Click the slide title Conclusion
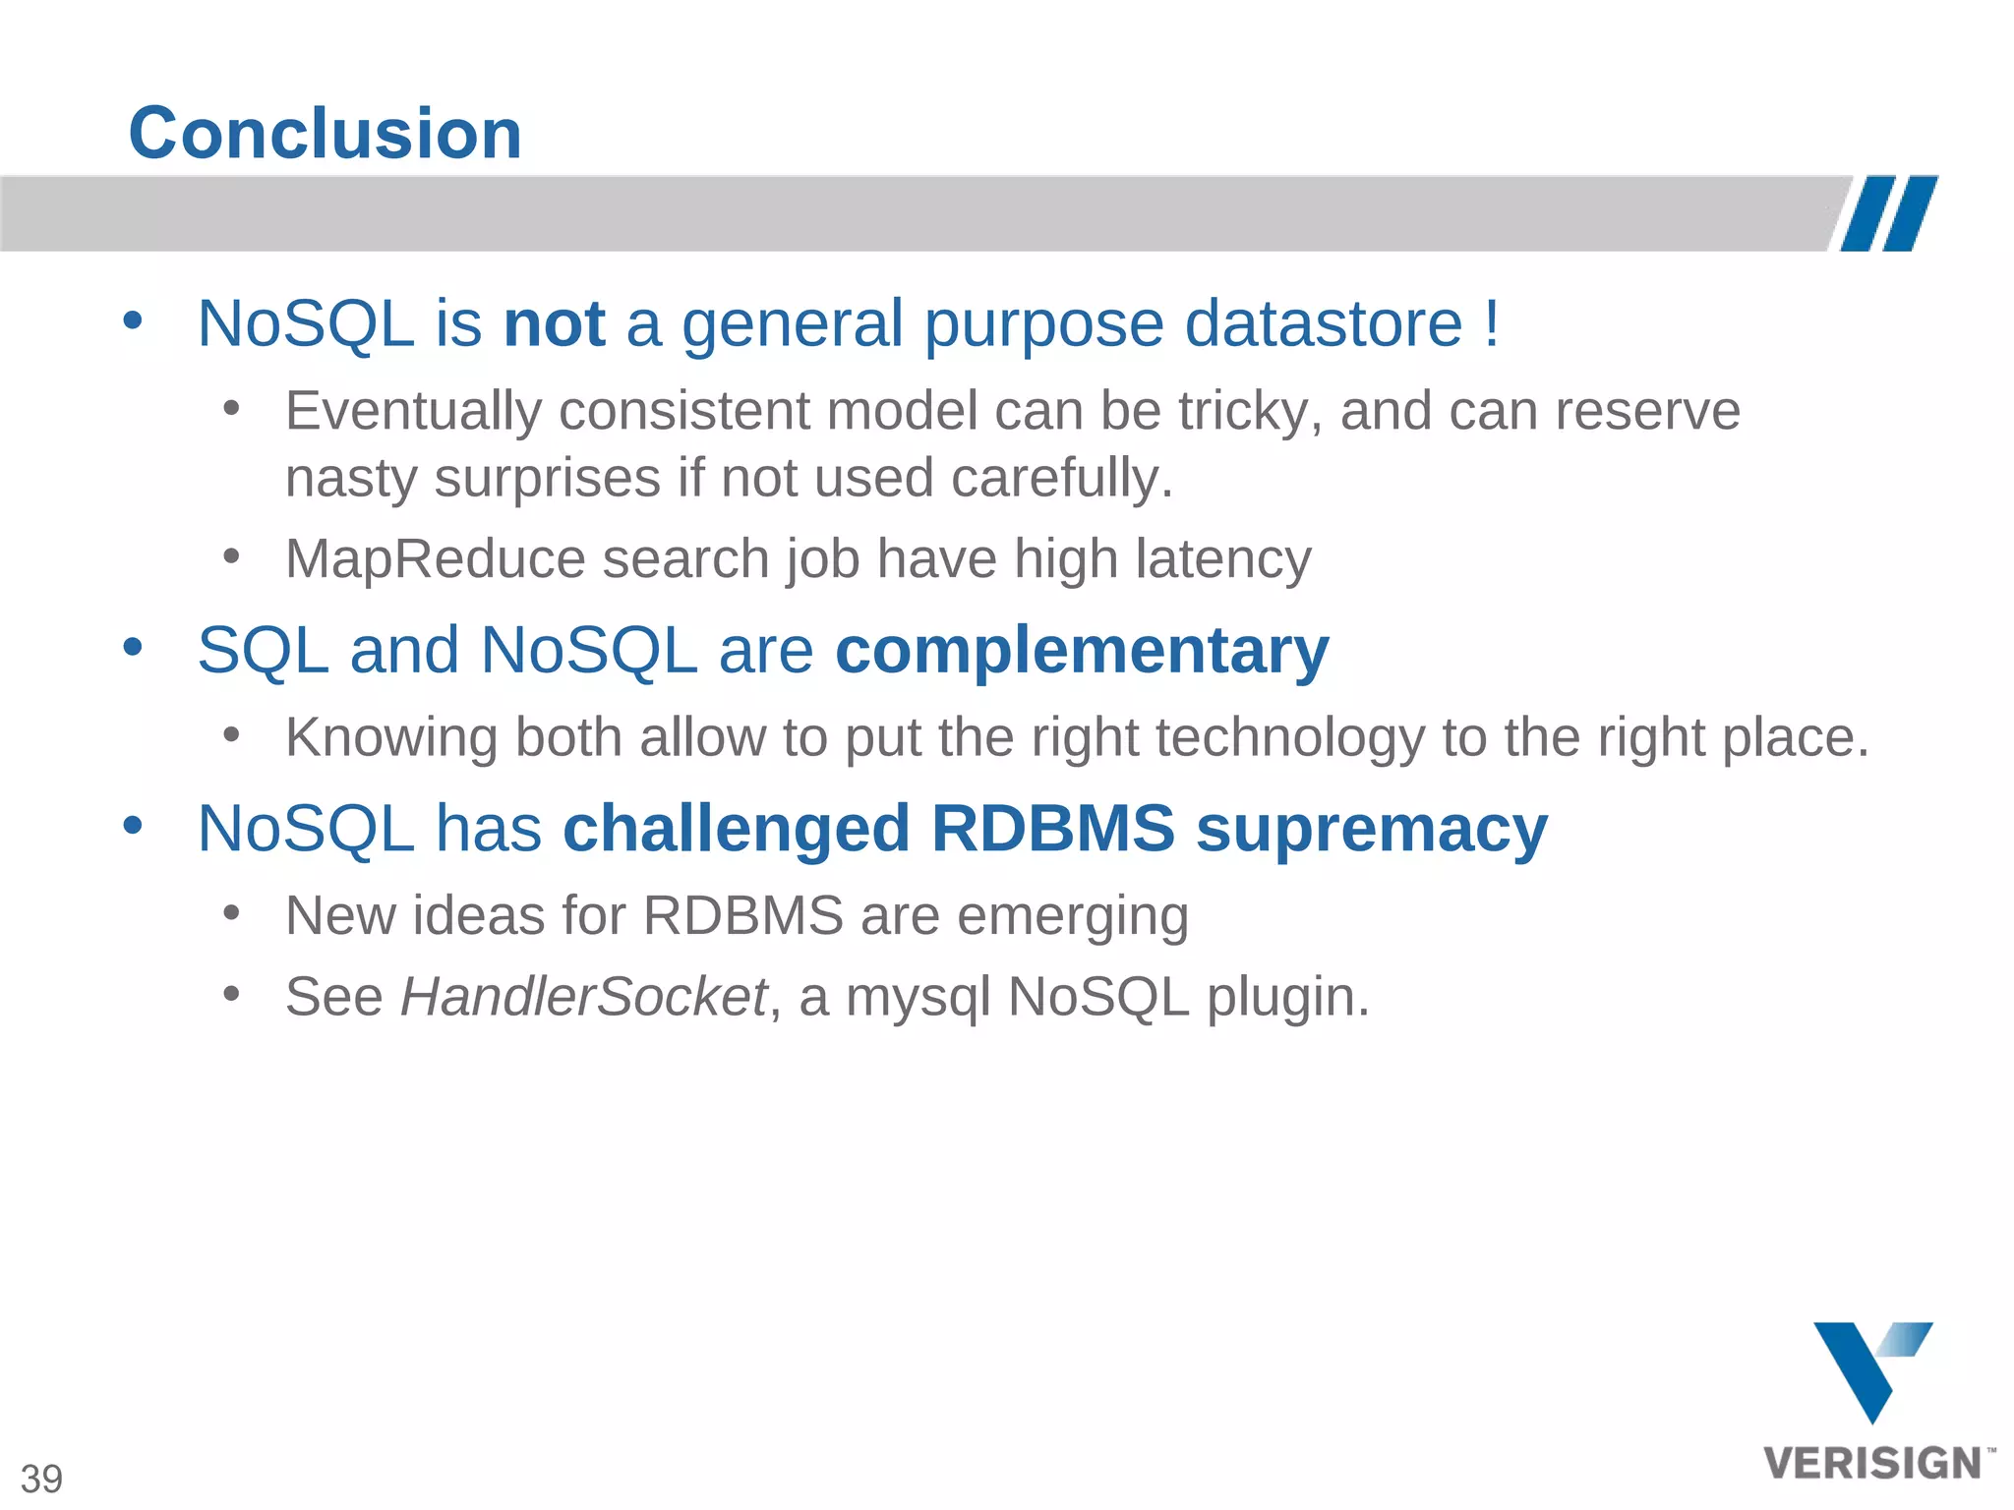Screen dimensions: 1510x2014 click(325, 134)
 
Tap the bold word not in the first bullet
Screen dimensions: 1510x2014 click(554, 323)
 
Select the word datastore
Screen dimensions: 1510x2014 click(1324, 323)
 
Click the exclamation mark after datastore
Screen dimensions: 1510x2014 click(1492, 323)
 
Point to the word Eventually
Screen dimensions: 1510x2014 click(413, 411)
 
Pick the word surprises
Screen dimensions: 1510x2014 click(547, 479)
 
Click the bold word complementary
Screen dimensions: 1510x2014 click(1082, 652)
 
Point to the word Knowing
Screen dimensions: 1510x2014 click(391, 737)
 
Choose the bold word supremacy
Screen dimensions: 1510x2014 click(1371, 829)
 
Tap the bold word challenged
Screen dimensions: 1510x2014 click(736, 829)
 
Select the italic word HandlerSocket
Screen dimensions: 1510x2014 click(583, 997)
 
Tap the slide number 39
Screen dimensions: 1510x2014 click(41, 1479)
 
